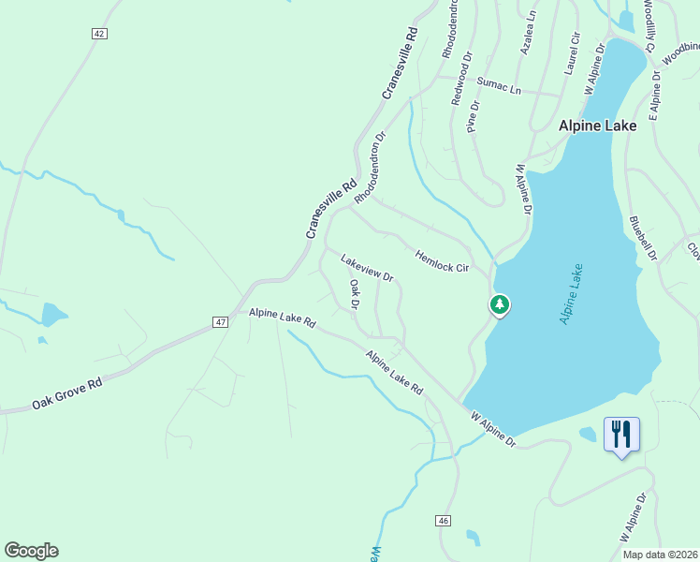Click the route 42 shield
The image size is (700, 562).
(x=100, y=34)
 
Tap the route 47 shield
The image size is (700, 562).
(x=220, y=322)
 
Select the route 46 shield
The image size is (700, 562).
(x=444, y=520)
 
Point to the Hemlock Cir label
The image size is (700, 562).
(x=442, y=261)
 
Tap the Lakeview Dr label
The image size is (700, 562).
(x=367, y=268)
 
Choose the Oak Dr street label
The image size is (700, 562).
(x=355, y=293)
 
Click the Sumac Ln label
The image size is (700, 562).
(x=498, y=85)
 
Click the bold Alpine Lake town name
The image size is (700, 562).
(x=597, y=125)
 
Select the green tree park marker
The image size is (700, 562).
(x=500, y=304)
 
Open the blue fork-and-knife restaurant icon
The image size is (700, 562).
(x=621, y=435)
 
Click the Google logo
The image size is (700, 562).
(x=31, y=551)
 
